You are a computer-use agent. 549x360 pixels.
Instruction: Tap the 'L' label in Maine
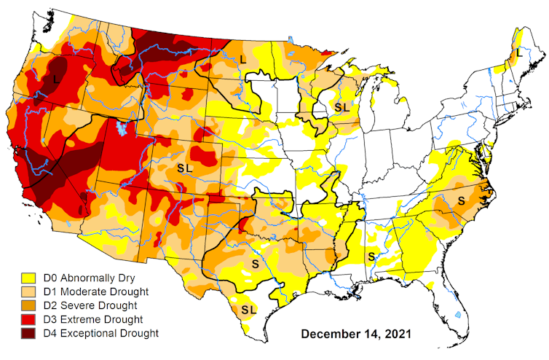coord(519,53)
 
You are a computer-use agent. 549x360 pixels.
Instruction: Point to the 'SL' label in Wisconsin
coord(341,106)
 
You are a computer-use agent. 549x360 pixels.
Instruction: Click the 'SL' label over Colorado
coord(186,167)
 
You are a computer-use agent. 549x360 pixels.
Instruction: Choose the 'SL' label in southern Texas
coord(248,309)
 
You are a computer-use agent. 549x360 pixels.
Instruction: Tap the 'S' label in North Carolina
coord(460,199)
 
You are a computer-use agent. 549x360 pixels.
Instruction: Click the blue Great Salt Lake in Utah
coord(119,128)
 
